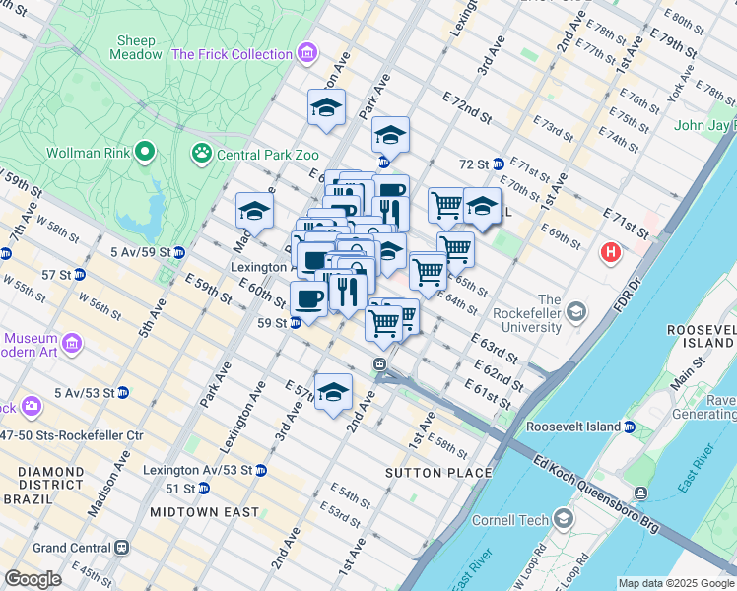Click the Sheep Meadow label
click(x=138, y=47)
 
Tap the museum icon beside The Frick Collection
click(x=308, y=53)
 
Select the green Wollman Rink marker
click(x=145, y=152)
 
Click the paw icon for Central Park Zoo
click(x=202, y=153)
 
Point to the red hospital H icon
click(x=611, y=253)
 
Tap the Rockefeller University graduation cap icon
click(x=576, y=313)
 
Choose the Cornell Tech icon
click(x=563, y=518)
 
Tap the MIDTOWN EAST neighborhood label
click(x=204, y=512)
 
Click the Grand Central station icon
click(x=122, y=547)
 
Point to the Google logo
click(x=33, y=579)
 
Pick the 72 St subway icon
click(x=499, y=164)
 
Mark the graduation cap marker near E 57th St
click(x=333, y=392)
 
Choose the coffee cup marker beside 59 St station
click(x=308, y=299)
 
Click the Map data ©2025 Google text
click(x=675, y=583)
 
